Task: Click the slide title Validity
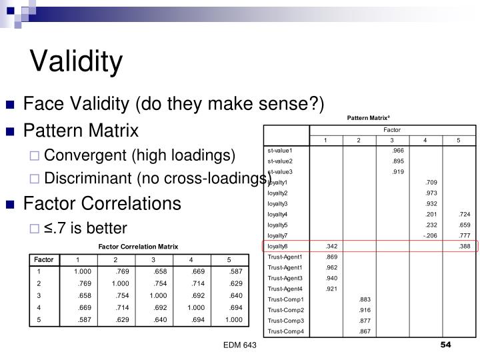[x=77, y=61]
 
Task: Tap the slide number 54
[x=446, y=344]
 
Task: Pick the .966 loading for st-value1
[x=399, y=150]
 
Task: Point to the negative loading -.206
[x=430, y=235]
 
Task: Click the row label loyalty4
[x=277, y=214]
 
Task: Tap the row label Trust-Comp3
[x=285, y=321]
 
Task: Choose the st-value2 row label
[x=280, y=161]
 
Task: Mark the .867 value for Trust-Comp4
[x=365, y=331]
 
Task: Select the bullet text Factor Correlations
[x=102, y=202]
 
